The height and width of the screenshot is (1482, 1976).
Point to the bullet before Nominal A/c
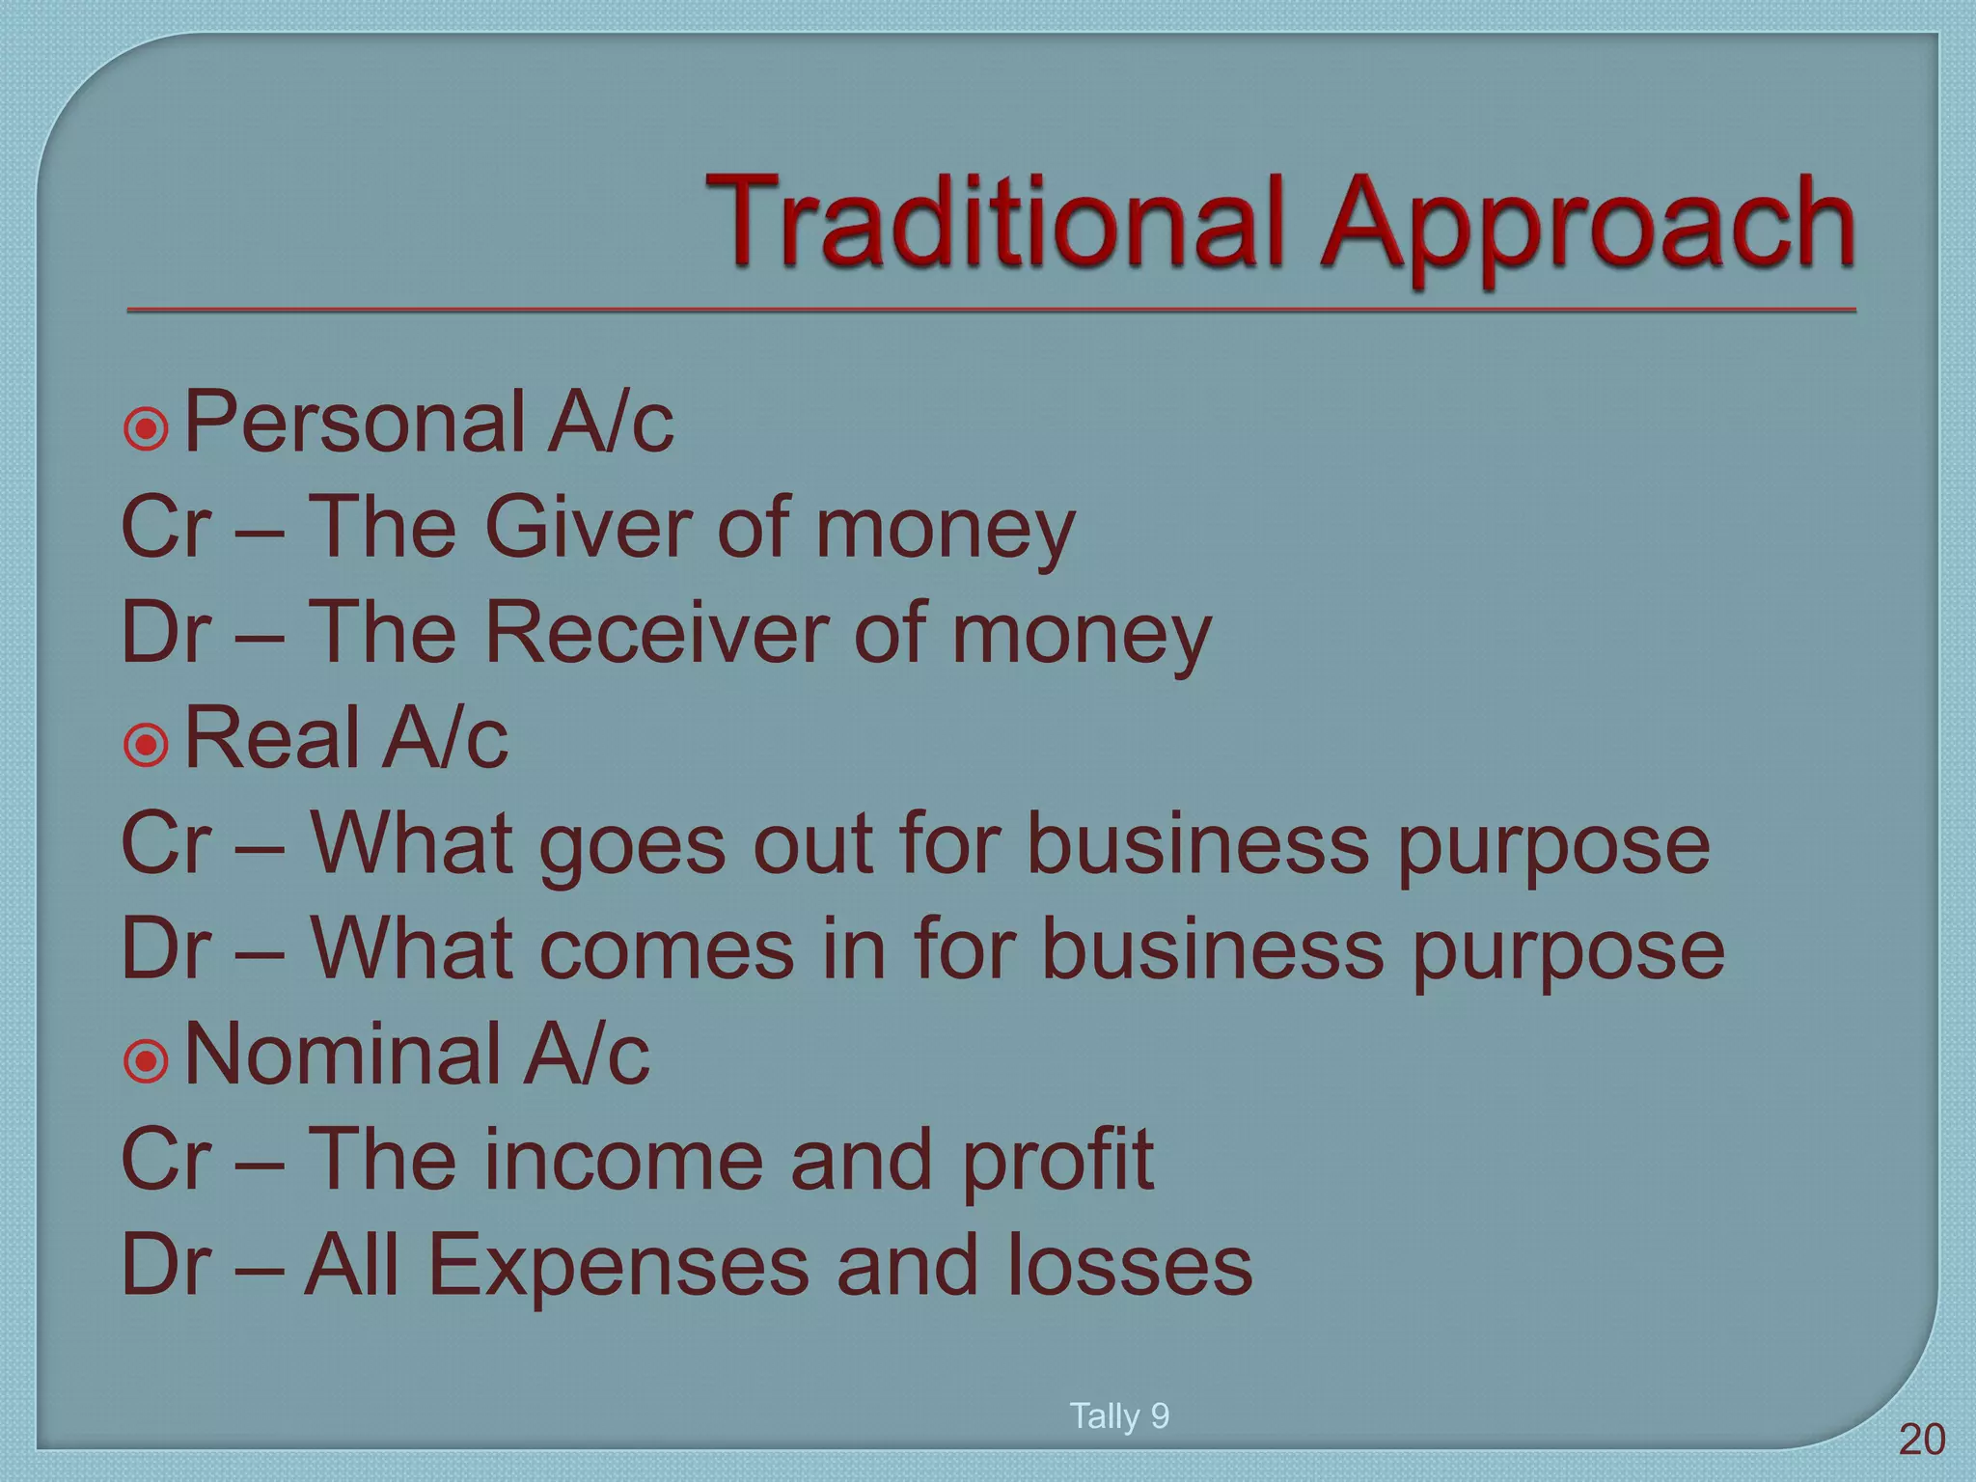point(147,1059)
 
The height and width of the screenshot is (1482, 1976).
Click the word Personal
point(352,423)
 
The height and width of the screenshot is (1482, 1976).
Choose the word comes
point(666,949)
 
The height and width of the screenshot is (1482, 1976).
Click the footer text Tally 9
point(1119,1415)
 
